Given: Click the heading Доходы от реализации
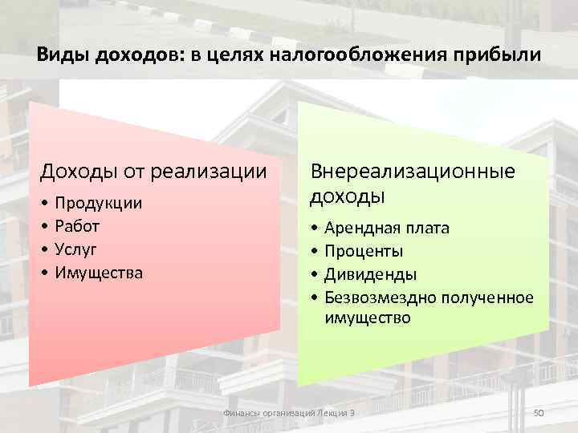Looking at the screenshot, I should tap(153, 172).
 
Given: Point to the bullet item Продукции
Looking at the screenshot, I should tap(98, 204).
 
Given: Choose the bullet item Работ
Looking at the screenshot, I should tap(77, 226).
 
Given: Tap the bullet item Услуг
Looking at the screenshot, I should tap(76, 249).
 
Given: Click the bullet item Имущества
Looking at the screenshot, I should tap(99, 273).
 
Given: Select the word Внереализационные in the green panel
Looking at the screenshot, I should tap(413, 172).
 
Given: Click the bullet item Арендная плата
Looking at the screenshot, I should tap(387, 229).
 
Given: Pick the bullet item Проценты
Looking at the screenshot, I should tap(364, 252).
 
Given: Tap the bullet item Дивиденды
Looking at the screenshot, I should tap(370, 275).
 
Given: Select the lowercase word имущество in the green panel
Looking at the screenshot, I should tap(367, 318).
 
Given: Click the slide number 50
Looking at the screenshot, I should tap(539, 412).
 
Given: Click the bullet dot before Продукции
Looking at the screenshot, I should tap(45, 204).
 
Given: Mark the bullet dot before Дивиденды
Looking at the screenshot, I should tap(315, 275).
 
